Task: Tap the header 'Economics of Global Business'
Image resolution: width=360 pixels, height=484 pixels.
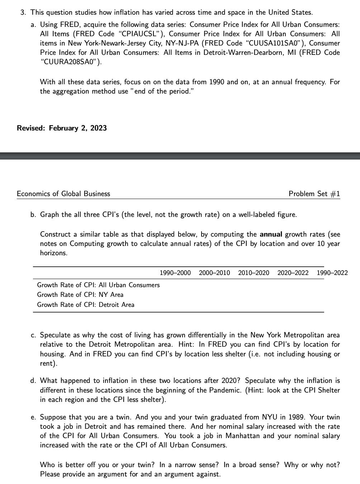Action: (x=63, y=194)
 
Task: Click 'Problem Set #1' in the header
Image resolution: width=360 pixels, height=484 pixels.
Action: (x=314, y=194)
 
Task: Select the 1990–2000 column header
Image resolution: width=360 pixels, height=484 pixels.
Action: (x=175, y=273)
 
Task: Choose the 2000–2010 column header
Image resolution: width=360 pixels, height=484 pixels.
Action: (x=214, y=273)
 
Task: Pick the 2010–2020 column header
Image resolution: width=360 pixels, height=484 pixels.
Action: (x=254, y=273)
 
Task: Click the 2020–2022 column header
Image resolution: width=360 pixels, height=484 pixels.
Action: (x=293, y=273)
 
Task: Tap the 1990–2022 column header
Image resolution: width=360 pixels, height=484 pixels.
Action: (x=332, y=273)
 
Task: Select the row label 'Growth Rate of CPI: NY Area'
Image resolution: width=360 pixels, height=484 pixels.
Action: (x=80, y=295)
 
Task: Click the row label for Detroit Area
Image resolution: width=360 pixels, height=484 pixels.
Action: (x=86, y=305)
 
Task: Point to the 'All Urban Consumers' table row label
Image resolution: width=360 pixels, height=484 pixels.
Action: (x=99, y=285)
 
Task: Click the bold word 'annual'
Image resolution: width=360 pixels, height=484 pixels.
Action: (x=271, y=234)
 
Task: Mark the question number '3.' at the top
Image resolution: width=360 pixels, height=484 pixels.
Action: (x=23, y=13)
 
